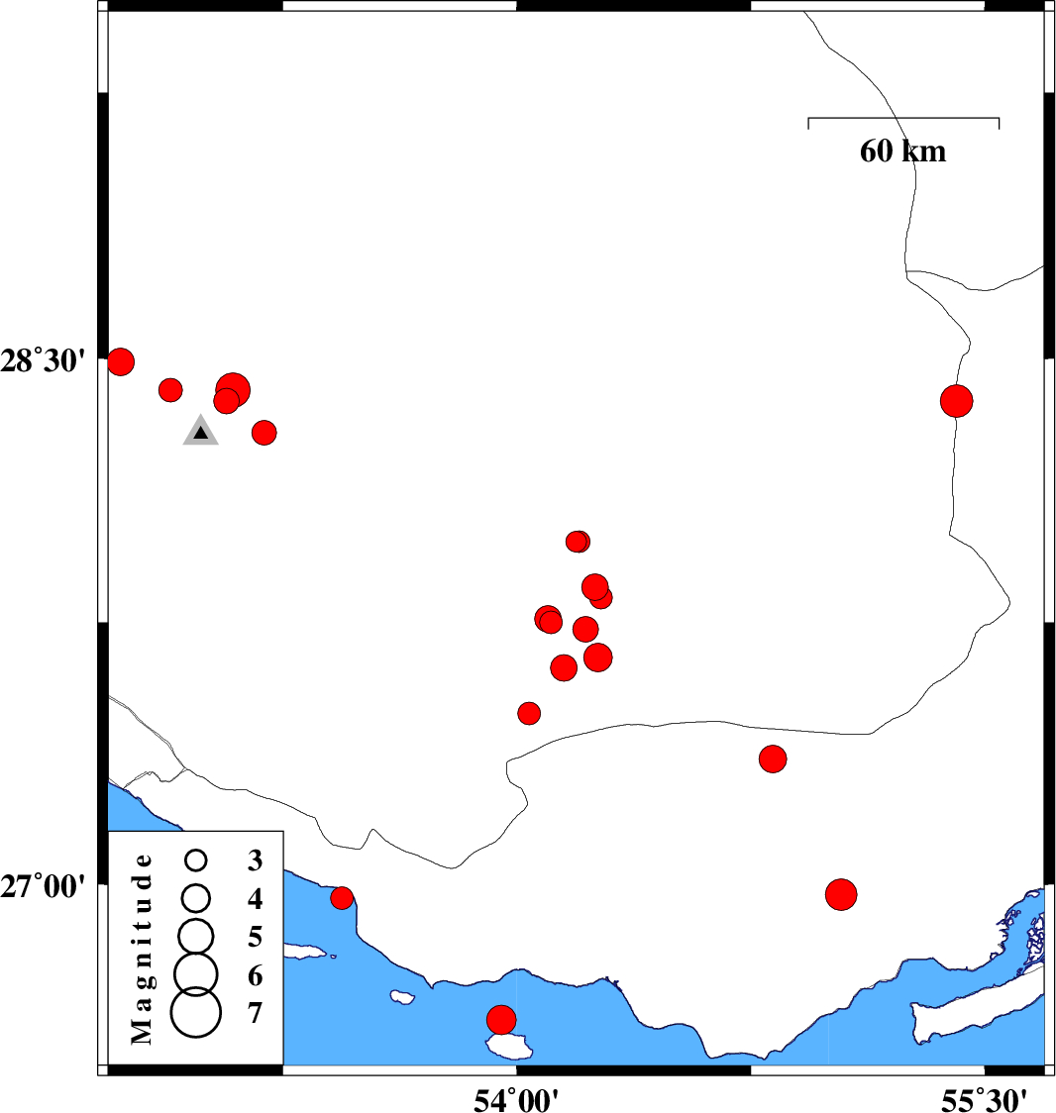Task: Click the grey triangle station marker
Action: (201, 431)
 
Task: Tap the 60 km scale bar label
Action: (902, 152)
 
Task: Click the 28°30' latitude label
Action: (43, 360)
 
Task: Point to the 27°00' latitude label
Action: (43, 886)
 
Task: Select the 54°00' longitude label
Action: (516, 1100)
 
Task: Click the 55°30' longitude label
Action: (984, 1100)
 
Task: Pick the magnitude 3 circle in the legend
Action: (196, 860)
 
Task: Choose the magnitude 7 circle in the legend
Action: (196, 1012)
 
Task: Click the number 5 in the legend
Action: (255, 937)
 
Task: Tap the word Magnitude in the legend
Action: (142, 949)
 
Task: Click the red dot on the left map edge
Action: (121, 362)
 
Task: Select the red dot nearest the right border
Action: (957, 401)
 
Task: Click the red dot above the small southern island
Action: (501, 1020)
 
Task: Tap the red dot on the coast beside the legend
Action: (342, 898)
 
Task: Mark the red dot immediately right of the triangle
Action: (264, 433)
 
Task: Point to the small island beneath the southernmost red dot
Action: (510, 1044)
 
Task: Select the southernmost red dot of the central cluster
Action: (529, 713)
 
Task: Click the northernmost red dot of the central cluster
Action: (578, 542)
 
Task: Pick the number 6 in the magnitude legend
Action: (255, 976)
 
